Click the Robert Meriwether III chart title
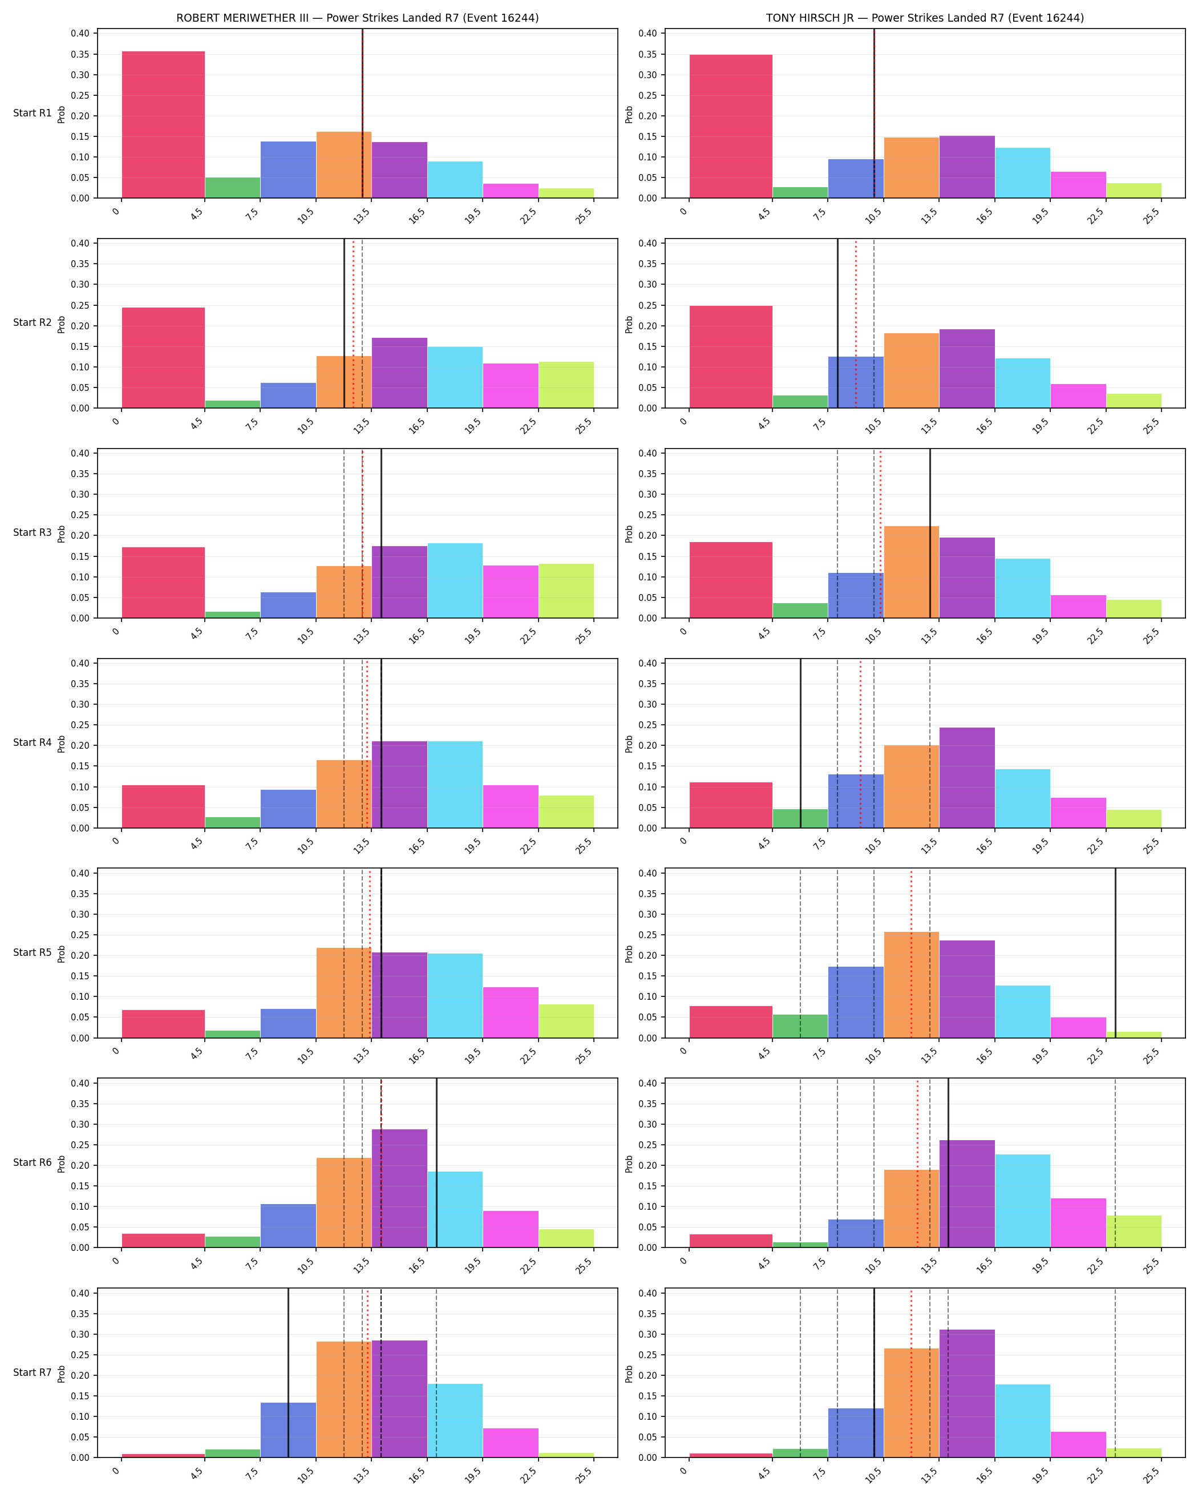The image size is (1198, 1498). pos(357,18)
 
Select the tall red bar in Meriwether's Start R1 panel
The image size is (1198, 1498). pos(163,124)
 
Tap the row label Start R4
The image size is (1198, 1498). pos(32,743)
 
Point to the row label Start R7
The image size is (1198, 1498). pos(32,1372)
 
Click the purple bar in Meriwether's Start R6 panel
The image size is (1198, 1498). pos(399,1188)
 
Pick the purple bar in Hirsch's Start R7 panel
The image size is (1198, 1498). pos(967,1393)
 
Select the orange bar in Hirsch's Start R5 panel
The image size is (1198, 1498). pos(911,984)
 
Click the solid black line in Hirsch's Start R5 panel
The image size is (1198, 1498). pos(1115,952)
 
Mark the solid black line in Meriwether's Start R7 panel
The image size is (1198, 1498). pos(288,1372)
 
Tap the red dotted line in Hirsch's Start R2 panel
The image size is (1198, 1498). pos(856,323)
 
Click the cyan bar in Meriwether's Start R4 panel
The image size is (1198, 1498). pos(455,785)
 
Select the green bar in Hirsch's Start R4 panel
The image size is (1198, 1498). pos(800,818)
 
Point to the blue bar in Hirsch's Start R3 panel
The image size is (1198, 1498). pos(856,595)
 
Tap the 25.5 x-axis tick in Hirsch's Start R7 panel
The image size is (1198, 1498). pos(1152,1475)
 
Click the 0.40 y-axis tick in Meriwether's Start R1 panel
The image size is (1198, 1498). pos(80,33)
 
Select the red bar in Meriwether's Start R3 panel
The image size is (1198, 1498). pos(163,582)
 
